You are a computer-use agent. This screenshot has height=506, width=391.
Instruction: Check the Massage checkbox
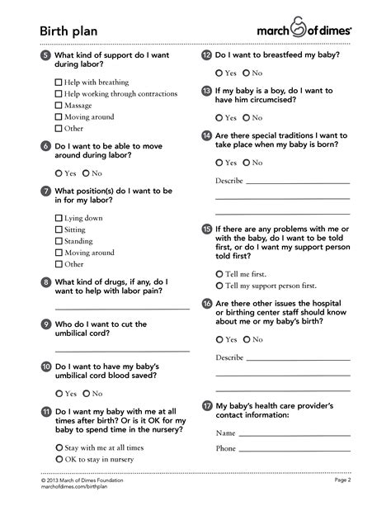click(x=59, y=106)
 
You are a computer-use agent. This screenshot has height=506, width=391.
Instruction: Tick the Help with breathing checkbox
click(x=59, y=83)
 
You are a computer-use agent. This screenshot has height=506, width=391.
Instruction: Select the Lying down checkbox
click(x=59, y=218)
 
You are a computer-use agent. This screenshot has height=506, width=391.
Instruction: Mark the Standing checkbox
click(x=59, y=241)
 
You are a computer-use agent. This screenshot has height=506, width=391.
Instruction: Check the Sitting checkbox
click(x=59, y=229)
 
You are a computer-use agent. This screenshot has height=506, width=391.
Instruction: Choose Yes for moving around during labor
click(x=58, y=173)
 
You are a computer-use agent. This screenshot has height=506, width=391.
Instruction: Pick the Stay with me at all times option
click(x=58, y=447)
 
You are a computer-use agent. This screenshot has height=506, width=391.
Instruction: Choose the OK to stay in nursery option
click(x=58, y=458)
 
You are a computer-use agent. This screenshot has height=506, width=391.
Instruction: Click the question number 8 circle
click(x=45, y=281)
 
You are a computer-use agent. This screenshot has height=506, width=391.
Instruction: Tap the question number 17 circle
click(x=207, y=407)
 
